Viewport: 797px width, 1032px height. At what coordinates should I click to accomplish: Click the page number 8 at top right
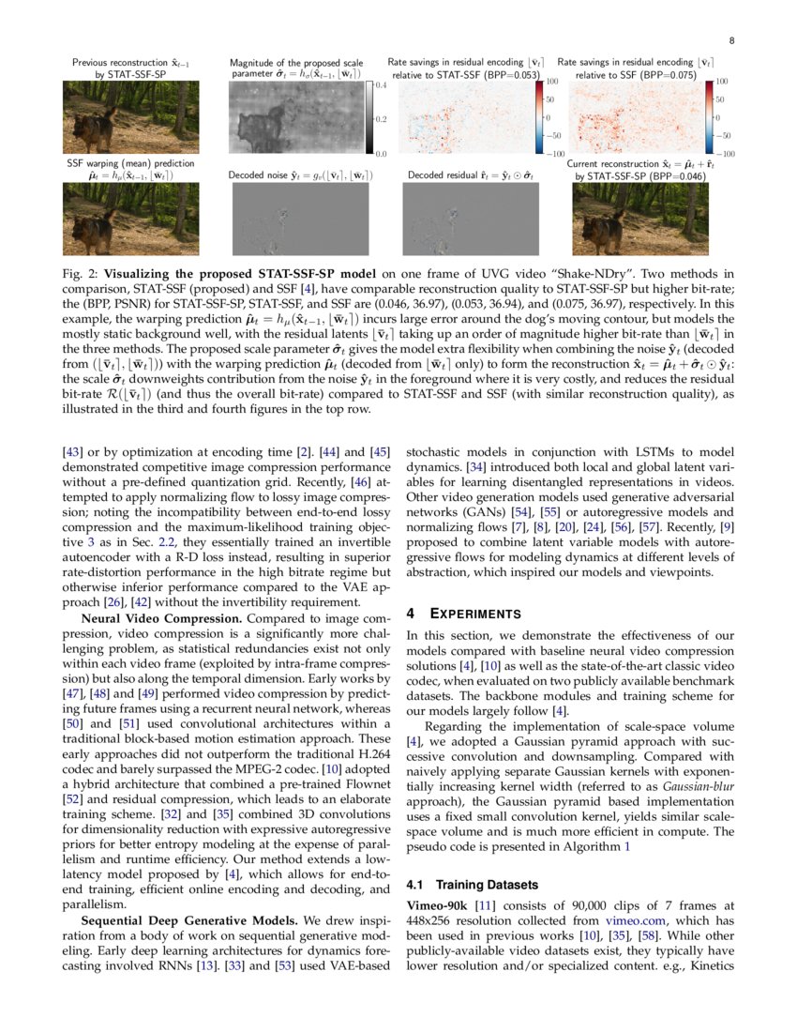(x=730, y=40)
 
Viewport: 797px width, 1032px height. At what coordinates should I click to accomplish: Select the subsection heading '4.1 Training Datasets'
(x=473, y=885)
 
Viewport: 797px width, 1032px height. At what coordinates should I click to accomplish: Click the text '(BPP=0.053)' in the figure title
(x=513, y=72)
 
